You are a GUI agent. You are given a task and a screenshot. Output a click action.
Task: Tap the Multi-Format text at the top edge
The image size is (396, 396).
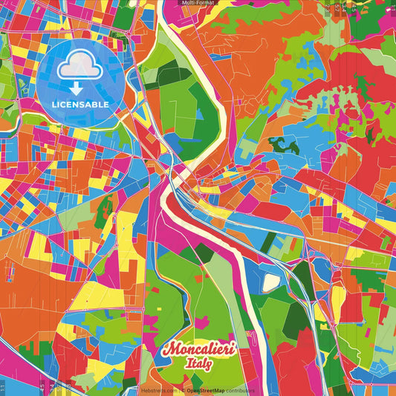pos(198,3)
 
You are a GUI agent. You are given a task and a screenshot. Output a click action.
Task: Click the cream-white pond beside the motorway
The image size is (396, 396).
pos(270,282)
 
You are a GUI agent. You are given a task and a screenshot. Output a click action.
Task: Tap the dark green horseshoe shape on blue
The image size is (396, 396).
pos(285,144)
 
